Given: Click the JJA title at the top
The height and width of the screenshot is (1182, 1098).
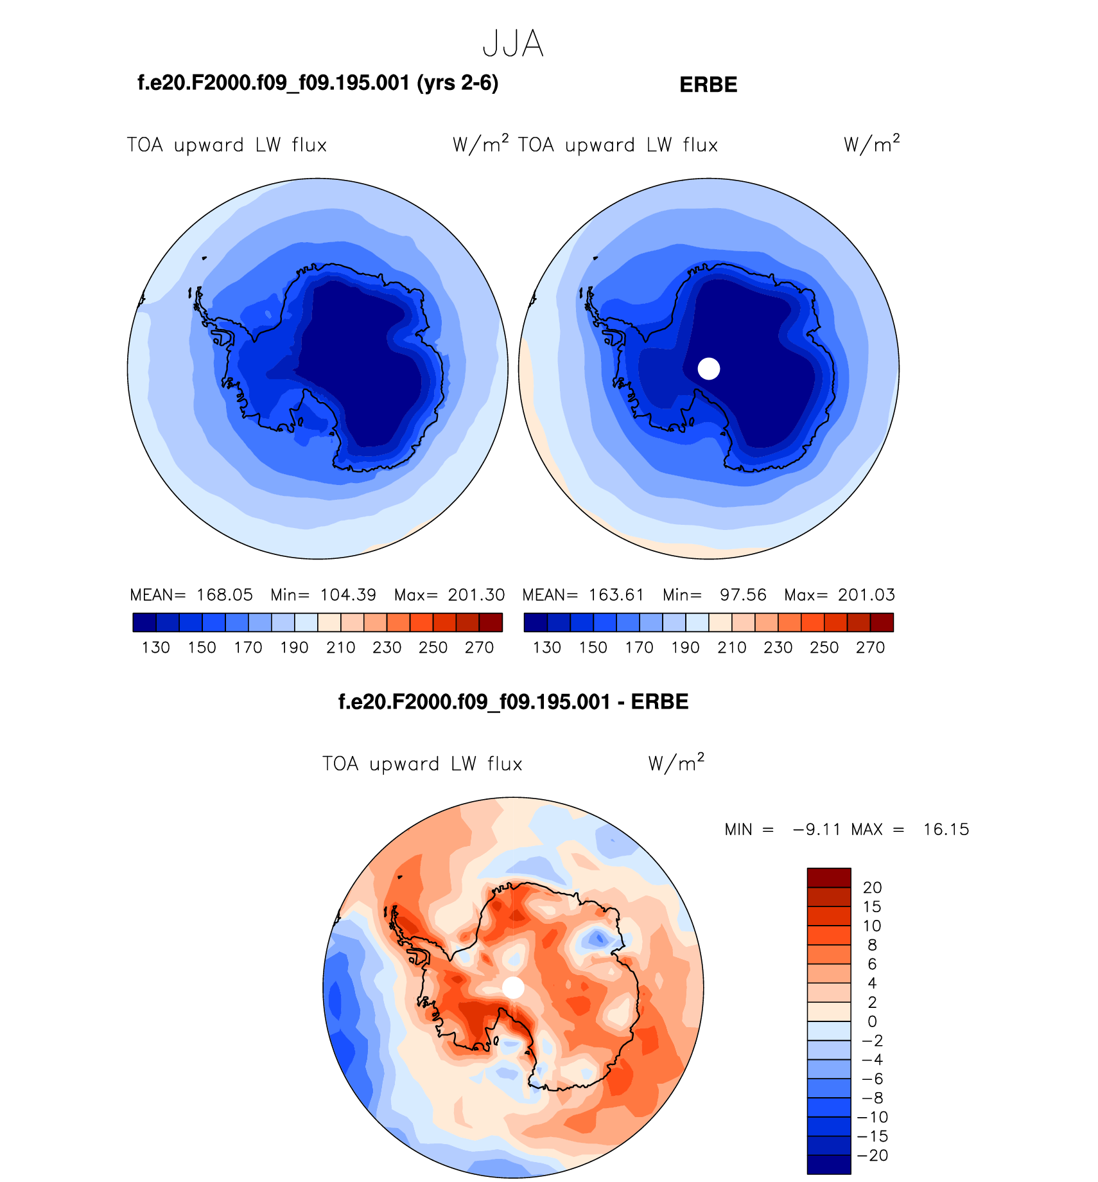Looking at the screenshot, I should (513, 44).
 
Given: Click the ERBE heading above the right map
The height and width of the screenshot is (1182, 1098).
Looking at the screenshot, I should (708, 85).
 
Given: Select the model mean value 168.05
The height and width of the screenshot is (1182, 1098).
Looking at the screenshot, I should (224, 595).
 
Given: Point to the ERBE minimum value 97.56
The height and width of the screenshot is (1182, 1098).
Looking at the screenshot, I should (743, 595).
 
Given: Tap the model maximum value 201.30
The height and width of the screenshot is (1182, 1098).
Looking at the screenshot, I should (476, 595).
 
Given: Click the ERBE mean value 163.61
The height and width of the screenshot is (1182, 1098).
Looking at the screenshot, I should (616, 595).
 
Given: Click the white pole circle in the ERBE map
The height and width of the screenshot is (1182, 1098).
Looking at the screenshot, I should (709, 369).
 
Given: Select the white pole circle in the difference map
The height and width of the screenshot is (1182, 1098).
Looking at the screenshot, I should (513, 987).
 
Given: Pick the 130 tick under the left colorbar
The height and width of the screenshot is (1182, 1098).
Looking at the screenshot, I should (155, 648).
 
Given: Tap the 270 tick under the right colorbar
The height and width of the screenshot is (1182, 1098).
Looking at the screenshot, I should (870, 648).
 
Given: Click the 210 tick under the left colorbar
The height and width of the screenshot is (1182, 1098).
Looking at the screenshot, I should (340, 648).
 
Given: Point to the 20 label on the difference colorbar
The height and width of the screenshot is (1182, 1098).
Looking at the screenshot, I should (872, 888).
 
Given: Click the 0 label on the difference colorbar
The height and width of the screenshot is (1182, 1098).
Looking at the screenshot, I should (872, 1021).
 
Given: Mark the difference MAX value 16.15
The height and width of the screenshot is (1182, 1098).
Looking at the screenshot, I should (946, 829).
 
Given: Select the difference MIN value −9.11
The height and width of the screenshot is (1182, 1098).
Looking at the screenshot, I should (816, 829).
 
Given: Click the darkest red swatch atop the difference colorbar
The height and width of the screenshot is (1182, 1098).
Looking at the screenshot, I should (828, 878).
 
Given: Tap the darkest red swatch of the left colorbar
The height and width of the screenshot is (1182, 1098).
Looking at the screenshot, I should (491, 622).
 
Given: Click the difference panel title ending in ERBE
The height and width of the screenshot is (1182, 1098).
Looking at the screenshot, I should (513, 701).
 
